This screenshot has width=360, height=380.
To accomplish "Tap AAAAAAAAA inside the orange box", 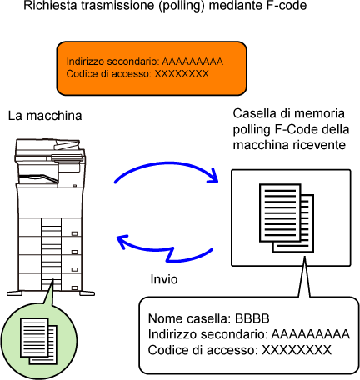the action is [x=192, y=62].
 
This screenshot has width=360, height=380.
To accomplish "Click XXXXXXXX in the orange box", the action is [x=182, y=74].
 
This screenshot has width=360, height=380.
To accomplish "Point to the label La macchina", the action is [x=45, y=116].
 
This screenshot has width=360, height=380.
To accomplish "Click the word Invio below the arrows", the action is [x=164, y=279].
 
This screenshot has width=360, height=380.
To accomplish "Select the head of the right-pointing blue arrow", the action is [x=213, y=177].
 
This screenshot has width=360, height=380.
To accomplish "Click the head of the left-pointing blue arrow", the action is [x=122, y=241].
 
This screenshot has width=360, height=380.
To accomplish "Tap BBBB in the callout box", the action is [x=252, y=318].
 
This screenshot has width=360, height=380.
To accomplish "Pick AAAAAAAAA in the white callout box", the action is [x=310, y=334].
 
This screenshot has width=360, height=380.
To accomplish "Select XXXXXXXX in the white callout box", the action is [x=297, y=350].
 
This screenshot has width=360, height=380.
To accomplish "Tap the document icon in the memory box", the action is [x=287, y=218].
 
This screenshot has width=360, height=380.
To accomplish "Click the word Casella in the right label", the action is [x=251, y=113].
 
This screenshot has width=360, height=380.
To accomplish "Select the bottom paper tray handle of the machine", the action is [x=74, y=288].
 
